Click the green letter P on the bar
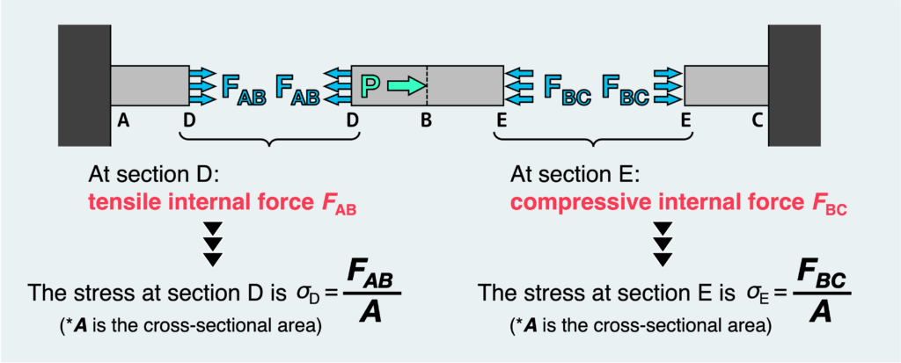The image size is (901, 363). pos(370,86)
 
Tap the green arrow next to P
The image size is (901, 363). pos(406,86)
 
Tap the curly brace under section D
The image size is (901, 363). pos(271,141)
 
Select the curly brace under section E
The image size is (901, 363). pos(595,141)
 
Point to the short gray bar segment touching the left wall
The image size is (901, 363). pos(150,86)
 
